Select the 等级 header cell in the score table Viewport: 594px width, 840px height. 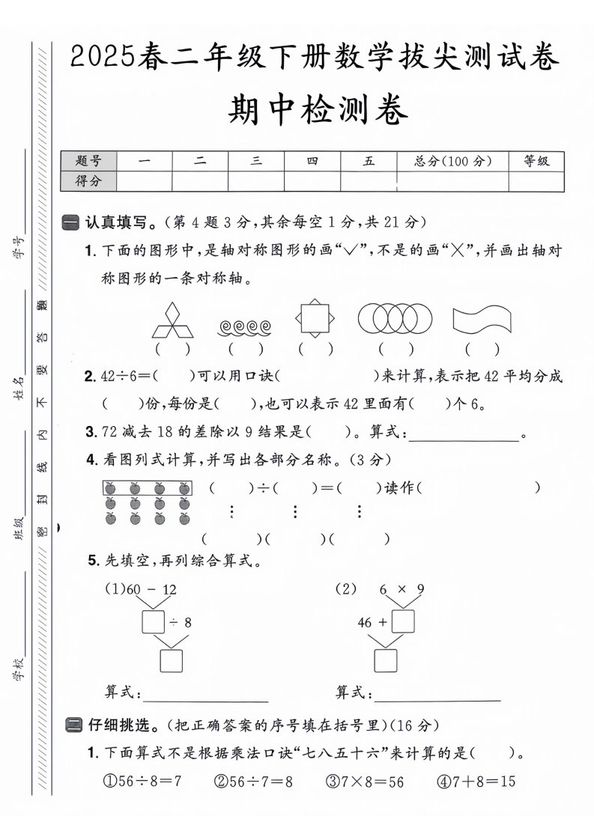click(536, 161)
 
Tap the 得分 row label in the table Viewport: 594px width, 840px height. click(88, 180)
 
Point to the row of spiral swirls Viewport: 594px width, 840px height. click(245, 327)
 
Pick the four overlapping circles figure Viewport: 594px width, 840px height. click(395, 318)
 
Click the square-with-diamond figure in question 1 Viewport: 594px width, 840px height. click(315, 318)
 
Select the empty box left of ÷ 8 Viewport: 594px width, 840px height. click(154, 621)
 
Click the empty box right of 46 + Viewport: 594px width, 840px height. click(403, 621)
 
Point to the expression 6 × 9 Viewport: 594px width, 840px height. click(401, 590)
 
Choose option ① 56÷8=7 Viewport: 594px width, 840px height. click(142, 782)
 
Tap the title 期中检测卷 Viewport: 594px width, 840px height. click(318, 112)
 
